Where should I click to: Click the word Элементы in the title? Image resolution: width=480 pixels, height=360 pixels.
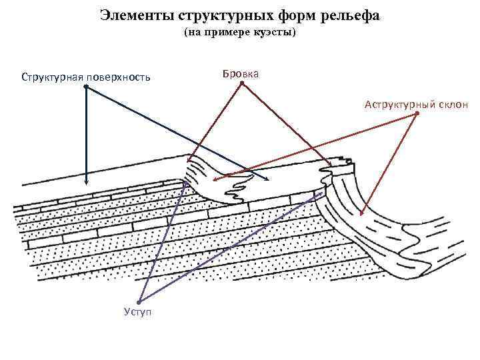pyautogui.click(x=131, y=14)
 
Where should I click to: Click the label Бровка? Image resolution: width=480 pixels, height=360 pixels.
pyautogui.click(x=241, y=73)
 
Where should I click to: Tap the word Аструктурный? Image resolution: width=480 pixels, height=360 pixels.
pyautogui.click(x=399, y=104)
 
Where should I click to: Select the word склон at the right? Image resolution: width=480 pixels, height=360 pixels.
pyautogui.click(x=453, y=104)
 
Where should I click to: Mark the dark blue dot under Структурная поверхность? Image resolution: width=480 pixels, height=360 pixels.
pyautogui.click(x=85, y=87)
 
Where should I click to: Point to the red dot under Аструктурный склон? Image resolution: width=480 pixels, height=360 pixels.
pyautogui.click(x=417, y=113)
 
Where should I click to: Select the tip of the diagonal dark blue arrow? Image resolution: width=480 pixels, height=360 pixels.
pyautogui.click(x=269, y=181)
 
